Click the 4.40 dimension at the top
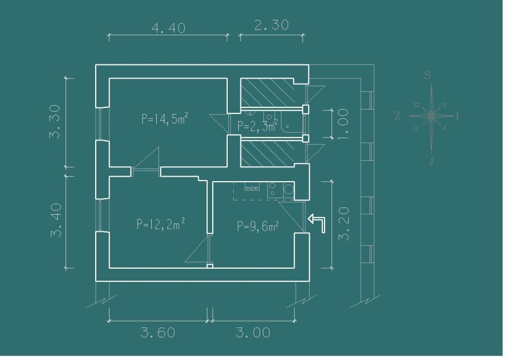point(168,28)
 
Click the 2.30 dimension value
point(272,25)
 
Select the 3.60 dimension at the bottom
point(158,332)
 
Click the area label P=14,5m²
point(166,118)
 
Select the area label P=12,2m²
point(161,223)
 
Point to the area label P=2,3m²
point(257,127)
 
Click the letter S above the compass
point(428,76)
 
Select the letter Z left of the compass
point(398,116)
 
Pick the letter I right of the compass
point(458,116)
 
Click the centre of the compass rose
point(431,116)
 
